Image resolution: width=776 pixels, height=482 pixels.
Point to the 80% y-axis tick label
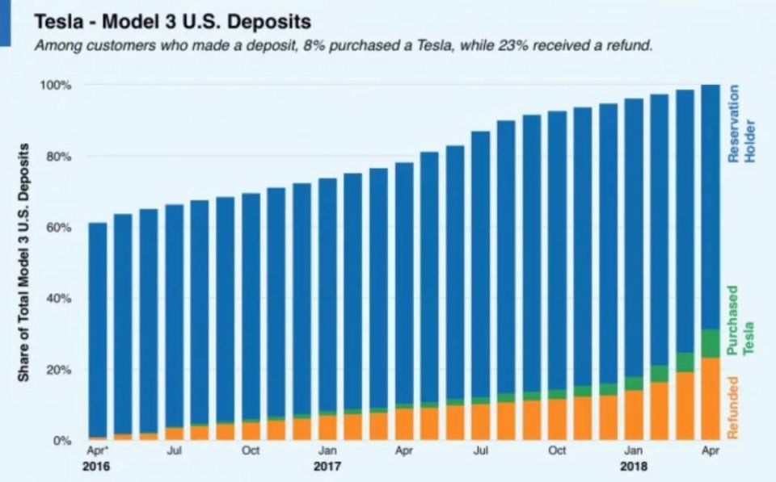tap(58, 156)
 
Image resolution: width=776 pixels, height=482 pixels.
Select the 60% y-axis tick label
tap(58, 228)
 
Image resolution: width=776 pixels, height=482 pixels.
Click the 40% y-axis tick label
tap(58, 299)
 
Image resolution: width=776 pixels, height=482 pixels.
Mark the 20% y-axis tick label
tap(58, 370)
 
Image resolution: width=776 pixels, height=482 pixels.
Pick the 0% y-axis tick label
tap(61, 441)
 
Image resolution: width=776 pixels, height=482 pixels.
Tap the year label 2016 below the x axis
tap(95, 467)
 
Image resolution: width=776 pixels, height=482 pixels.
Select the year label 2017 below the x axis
tap(327, 467)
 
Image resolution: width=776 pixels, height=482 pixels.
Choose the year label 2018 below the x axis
tap(635, 467)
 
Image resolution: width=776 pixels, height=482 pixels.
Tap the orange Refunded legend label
tap(734, 409)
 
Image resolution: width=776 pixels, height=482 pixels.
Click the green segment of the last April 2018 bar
tap(711, 343)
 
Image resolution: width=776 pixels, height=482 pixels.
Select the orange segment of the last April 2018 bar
tap(711, 399)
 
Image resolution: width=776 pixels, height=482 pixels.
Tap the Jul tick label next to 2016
tap(174, 451)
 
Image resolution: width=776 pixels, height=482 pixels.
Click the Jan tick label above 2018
tap(635, 451)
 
